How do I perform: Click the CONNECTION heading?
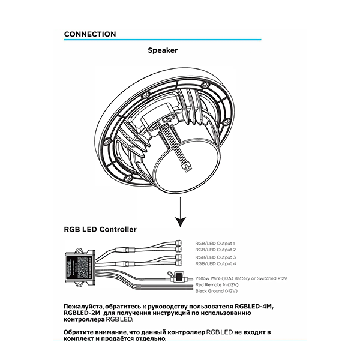[90, 34]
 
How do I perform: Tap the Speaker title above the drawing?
[163, 50]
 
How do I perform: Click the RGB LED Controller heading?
[100, 229]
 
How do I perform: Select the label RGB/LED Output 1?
[215, 244]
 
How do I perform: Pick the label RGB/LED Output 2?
[215, 250]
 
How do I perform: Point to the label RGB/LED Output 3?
[215, 257]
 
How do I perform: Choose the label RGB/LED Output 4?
[215, 263]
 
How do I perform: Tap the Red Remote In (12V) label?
[217, 285]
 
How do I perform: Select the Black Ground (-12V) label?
[216, 291]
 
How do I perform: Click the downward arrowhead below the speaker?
[181, 221]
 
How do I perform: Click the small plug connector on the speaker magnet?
[186, 167]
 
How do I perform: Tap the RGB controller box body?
[79, 266]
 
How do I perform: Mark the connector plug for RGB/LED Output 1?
[179, 242]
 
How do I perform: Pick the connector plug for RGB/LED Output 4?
[179, 263]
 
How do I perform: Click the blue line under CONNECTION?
[163, 40]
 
